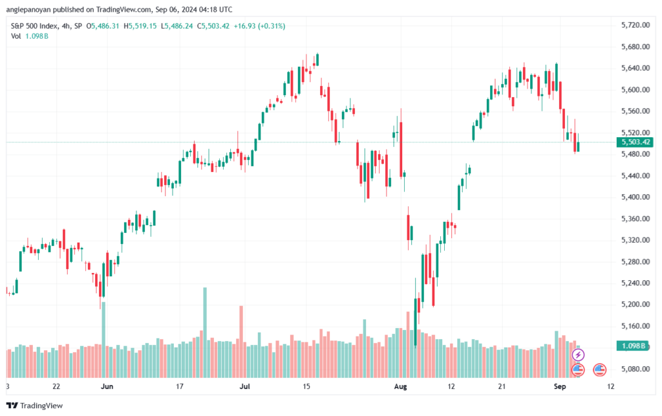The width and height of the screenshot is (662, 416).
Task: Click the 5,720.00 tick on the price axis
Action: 635,25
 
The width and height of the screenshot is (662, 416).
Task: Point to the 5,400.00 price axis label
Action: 635,197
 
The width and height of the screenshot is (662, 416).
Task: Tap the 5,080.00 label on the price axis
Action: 635,369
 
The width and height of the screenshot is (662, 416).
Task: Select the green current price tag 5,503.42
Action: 635,142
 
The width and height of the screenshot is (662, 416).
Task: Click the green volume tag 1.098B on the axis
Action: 633,346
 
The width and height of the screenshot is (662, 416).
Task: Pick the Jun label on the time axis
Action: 107,386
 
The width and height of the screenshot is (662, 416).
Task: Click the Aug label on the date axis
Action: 400,386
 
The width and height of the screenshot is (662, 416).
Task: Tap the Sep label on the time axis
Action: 559,386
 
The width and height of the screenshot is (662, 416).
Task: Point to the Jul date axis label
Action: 245,386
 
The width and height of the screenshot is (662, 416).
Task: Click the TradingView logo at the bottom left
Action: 35,406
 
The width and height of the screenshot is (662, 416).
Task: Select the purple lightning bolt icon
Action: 578,355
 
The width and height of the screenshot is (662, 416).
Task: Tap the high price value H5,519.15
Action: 140,26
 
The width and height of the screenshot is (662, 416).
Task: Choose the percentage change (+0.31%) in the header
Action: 272,26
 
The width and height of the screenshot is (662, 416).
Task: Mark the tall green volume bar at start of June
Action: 104,340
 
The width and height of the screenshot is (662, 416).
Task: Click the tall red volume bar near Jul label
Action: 242,342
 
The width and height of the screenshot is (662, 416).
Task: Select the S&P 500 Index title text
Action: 35,26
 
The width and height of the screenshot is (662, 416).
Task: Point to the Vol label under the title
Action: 16,36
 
